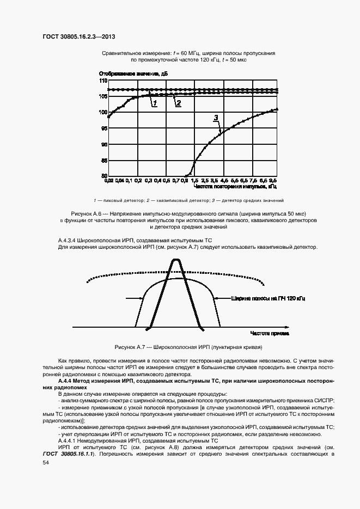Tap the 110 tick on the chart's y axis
point(103,81)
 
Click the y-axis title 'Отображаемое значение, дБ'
point(133,73)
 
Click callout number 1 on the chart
point(155,102)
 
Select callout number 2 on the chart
point(178,102)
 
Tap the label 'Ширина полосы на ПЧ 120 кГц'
point(268,298)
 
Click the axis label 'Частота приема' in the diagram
point(270,332)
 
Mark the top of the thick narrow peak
point(175,261)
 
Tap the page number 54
point(45,462)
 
